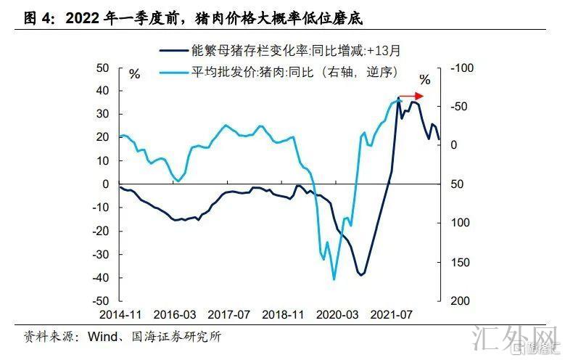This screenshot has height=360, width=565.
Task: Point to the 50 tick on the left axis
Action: point(102,68)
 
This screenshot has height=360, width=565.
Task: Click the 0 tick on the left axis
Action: point(105,184)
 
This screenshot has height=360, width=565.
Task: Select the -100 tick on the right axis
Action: point(461,68)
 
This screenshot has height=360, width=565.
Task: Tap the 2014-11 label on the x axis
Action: point(120,316)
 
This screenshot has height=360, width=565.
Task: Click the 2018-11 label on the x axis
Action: point(283,316)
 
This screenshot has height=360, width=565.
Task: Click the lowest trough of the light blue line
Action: point(334,279)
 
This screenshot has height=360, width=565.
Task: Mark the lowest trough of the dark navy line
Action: point(361,275)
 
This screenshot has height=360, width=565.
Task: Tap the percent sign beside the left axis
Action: point(135,73)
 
